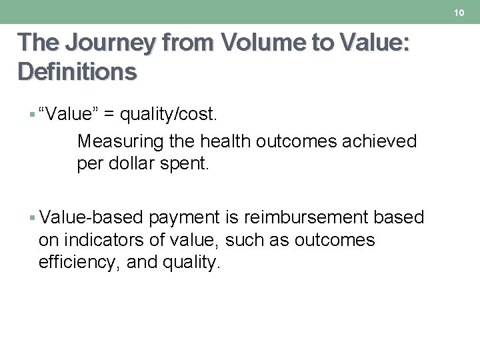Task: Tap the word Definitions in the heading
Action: [77, 71]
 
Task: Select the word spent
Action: [185, 164]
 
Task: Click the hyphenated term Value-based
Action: [91, 218]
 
